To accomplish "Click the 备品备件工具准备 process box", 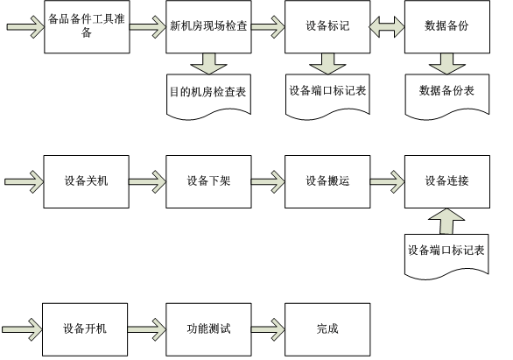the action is (87, 26).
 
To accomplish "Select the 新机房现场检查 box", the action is (208, 26).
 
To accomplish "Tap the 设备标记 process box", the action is (327, 26).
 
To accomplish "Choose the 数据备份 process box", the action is (447, 26).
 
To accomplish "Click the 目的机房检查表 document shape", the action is (208, 96).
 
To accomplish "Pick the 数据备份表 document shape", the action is (447, 96).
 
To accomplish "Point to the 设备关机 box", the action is (87, 181).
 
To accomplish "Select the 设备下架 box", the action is (208, 181).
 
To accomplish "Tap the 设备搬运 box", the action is (327, 181).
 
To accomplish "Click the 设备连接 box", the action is (447, 181).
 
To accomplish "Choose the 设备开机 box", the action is (85, 329).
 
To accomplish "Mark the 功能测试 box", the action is (208, 329).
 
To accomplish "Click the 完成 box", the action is (327, 329).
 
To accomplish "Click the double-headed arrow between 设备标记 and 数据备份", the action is (387, 26).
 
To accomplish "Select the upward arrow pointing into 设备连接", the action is (446, 222).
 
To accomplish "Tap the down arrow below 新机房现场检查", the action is (208, 63).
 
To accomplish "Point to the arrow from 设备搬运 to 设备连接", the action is (387, 181).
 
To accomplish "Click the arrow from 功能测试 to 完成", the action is (268, 328).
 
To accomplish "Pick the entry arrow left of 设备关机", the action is (24, 181).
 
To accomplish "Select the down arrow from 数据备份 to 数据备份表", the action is (447, 63).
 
